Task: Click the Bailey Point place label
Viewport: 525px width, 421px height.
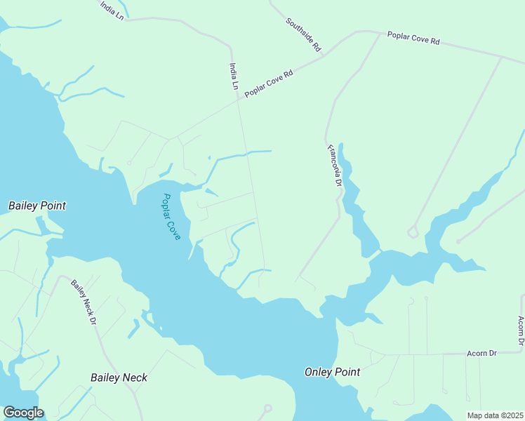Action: point(37,206)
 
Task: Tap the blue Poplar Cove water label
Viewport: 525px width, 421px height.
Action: point(171,217)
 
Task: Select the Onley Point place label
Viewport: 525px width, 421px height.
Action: point(332,372)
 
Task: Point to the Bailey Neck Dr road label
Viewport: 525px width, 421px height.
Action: point(83,302)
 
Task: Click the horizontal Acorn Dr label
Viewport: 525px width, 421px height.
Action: point(481,353)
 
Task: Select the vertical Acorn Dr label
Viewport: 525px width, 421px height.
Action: point(521,331)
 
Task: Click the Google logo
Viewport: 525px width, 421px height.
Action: point(23,413)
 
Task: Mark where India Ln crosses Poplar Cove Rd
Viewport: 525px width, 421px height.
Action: point(237,100)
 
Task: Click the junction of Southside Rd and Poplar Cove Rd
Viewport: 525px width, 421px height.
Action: point(324,55)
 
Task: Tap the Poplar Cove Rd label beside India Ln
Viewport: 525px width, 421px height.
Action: point(268,83)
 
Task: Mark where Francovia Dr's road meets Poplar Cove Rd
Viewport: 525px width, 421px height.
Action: point(380,33)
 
